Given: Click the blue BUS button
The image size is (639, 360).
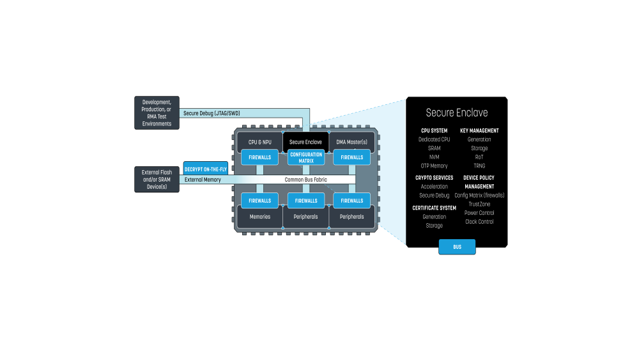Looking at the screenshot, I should (x=457, y=247).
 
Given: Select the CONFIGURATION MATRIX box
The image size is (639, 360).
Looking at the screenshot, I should (x=306, y=157).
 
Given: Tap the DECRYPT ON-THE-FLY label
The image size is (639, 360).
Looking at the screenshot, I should (x=206, y=169).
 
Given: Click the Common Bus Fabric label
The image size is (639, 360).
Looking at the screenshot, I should (x=305, y=180).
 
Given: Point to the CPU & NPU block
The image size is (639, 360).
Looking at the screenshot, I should (x=259, y=142).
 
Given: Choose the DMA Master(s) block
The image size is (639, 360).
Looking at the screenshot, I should (x=351, y=142).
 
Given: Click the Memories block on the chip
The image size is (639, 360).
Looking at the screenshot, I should (x=259, y=217).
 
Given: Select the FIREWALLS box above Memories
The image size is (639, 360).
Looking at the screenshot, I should (x=259, y=201).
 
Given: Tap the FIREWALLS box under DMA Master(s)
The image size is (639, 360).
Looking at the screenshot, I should (x=351, y=157).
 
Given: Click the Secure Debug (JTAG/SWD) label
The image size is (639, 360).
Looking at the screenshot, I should (x=212, y=113).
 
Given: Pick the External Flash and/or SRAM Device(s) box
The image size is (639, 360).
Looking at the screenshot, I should (x=157, y=180).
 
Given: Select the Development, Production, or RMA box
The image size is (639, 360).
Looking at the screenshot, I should (x=157, y=113).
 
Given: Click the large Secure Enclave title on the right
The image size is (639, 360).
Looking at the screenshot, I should (x=457, y=113).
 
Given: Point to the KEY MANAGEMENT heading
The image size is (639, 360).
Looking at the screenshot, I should (x=479, y=131).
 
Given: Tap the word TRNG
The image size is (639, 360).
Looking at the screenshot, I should (x=479, y=166).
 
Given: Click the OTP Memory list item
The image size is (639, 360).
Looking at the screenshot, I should (x=434, y=166).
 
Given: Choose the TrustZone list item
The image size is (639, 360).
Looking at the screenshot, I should (x=479, y=204).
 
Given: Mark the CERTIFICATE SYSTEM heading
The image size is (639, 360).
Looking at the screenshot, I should (x=434, y=208).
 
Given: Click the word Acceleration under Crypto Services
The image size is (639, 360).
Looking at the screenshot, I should (x=434, y=187).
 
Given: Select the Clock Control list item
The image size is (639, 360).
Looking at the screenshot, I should (x=479, y=222).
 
